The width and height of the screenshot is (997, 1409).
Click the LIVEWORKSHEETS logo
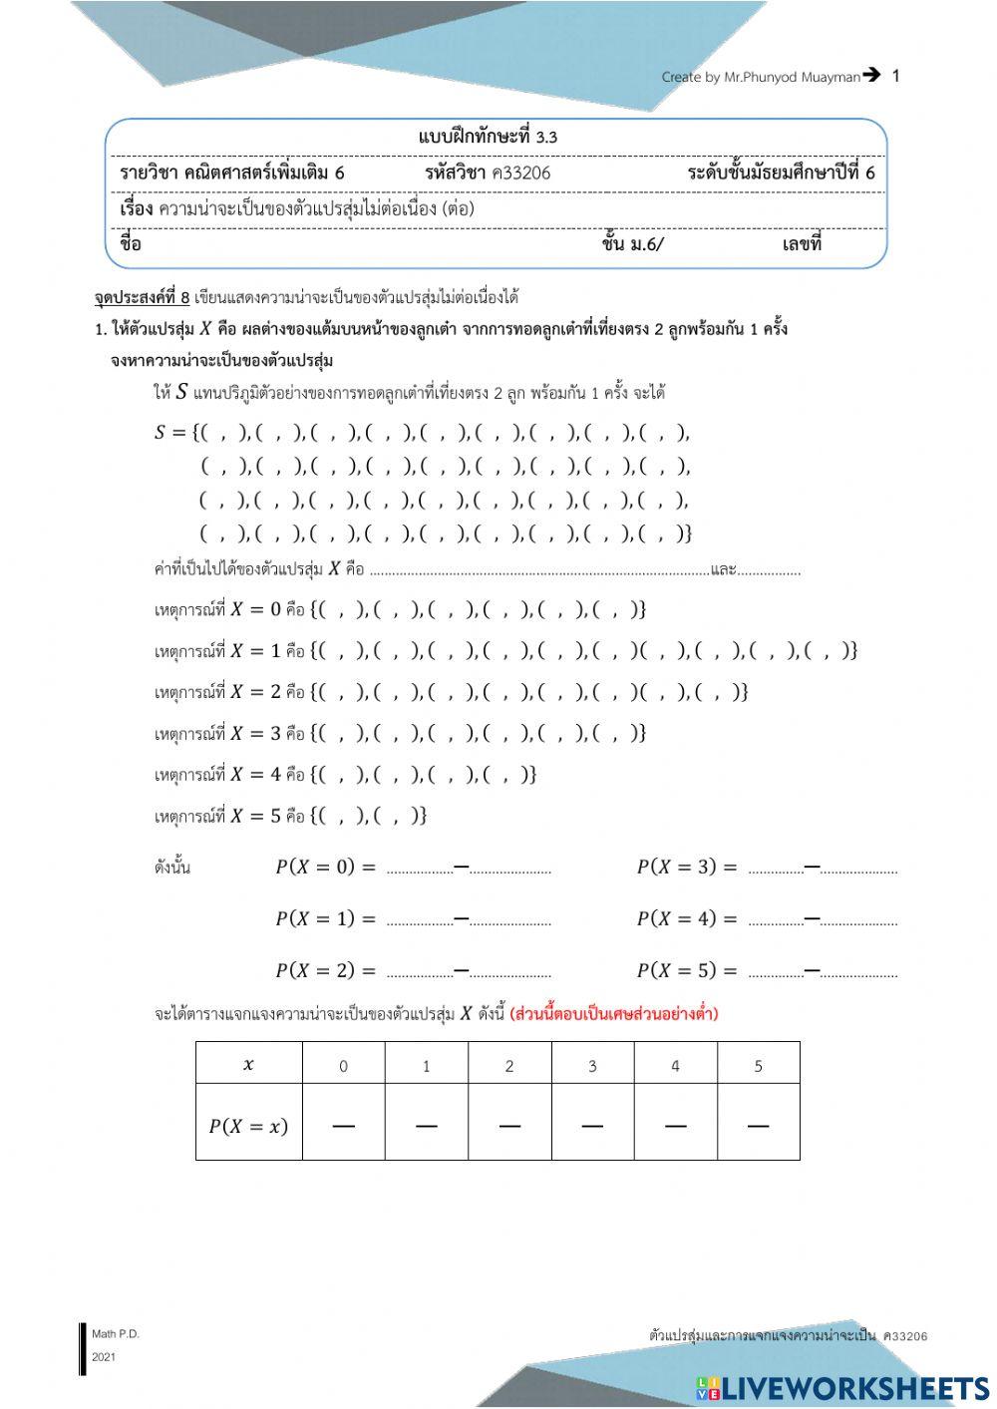click(x=842, y=1388)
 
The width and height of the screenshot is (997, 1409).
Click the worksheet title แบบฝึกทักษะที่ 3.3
click(x=488, y=137)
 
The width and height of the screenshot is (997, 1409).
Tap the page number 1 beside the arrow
click(x=895, y=76)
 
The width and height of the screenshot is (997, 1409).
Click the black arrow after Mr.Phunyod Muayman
click(x=871, y=75)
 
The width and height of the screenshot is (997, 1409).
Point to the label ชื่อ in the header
click(x=131, y=244)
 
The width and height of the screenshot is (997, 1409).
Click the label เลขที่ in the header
click(x=802, y=244)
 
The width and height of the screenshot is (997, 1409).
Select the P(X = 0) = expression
click(x=325, y=868)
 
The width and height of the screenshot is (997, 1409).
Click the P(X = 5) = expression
click(x=687, y=970)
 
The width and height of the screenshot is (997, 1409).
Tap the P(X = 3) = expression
click(x=687, y=868)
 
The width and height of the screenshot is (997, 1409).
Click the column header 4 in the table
click(x=675, y=1066)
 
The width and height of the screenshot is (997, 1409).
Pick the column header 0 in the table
click(x=343, y=1066)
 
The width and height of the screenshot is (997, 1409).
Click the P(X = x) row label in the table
click(x=248, y=1126)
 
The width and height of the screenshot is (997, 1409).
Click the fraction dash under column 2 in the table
click(x=509, y=1127)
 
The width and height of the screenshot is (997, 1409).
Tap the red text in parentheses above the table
click(x=613, y=1014)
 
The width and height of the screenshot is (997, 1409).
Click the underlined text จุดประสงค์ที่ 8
click(x=142, y=297)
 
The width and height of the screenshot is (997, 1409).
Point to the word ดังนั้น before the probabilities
click(x=172, y=868)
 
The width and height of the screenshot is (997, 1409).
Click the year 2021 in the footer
click(x=104, y=1357)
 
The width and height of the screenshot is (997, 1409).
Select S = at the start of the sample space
click(x=170, y=432)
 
